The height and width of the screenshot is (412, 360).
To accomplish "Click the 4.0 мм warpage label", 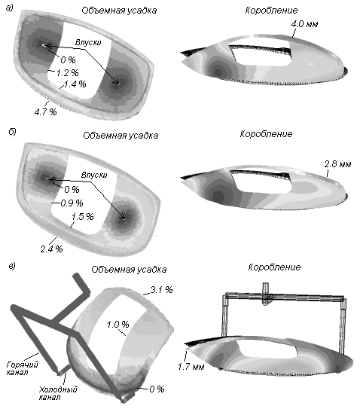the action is click(x=304, y=24).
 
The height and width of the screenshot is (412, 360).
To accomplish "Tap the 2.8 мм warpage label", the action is click(x=337, y=164).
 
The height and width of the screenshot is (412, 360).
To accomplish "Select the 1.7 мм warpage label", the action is click(x=191, y=366).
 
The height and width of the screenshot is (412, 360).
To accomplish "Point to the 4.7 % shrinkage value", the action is click(x=45, y=111).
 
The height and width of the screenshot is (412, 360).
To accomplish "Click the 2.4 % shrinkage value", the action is click(x=52, y=249).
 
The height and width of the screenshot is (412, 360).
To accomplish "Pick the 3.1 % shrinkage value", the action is click(x=162, y=289).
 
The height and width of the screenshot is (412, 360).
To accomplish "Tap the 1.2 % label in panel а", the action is click(x=67, y=72).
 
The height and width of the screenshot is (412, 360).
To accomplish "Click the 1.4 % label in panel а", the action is click(x=75, y=84).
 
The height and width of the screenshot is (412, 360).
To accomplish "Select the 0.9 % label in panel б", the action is click(x=72, y=203).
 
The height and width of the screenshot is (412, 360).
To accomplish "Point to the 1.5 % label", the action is click(x=83, y=216).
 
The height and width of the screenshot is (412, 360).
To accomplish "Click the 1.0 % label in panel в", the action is click(x=118, y=324).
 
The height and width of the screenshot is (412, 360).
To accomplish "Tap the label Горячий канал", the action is click(x=23, y=368).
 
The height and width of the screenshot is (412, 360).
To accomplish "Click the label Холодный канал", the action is click(x=58, y=393).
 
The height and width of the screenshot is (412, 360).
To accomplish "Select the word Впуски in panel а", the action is click(x=88, y=42).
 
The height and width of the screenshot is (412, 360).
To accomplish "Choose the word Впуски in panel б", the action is click(x=94, y=175).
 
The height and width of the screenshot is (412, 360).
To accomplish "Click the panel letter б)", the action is click(x=12, y=131).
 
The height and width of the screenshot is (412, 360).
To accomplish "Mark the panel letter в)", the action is click(x=12, y=266).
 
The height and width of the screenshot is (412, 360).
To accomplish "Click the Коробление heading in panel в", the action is click(x=274, y=267).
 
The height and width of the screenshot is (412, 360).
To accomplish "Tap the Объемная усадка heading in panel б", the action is click(x=121, y=135).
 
